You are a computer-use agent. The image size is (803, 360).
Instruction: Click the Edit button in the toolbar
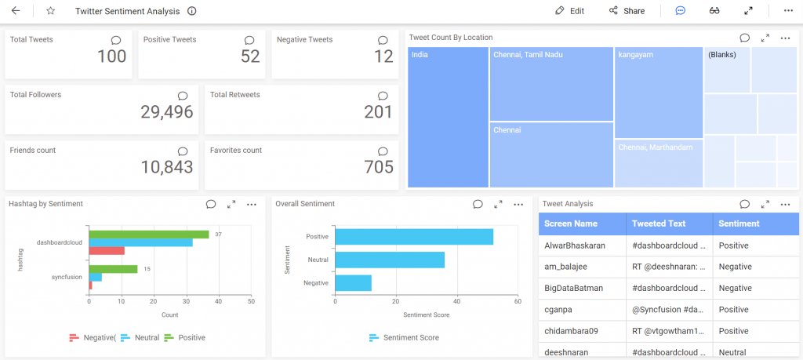(x=569, y=11)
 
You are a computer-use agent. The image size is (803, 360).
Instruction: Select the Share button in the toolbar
(x=627, y=11)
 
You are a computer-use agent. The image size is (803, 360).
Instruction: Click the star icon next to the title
(x=51, y=11)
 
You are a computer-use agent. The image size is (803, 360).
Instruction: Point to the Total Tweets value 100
(x=111, y=56)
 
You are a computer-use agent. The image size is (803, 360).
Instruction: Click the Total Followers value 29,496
(x=166, y=112)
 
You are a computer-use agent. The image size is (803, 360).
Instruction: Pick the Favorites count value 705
(x=379, y=167)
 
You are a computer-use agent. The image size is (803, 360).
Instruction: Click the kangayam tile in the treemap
(x=658, y=93)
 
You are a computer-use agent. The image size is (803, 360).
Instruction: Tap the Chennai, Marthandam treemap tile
(x=658, y=163)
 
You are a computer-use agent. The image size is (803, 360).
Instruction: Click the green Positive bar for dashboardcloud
(x=148, y=234)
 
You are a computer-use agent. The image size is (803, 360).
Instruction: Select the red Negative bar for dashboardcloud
(x=107, y=250)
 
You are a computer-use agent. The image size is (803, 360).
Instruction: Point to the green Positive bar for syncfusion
(x=113, y=268)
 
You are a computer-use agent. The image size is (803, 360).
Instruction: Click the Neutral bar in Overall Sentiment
(x=390, y=260)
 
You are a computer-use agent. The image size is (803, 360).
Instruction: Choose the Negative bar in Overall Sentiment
(x=353, y=282)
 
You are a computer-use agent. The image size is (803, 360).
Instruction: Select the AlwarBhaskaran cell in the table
(x=574, y=245)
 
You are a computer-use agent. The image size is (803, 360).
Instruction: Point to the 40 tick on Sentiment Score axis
(x=456, y=302)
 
